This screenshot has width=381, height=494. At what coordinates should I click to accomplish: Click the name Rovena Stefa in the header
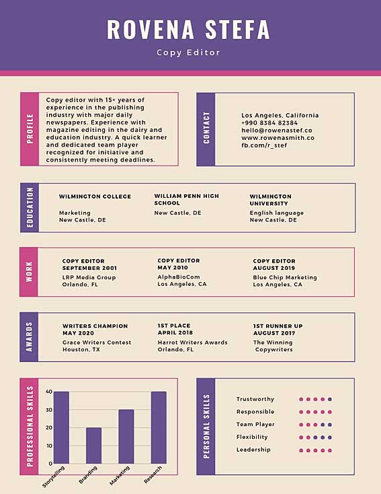[x=188, y=30]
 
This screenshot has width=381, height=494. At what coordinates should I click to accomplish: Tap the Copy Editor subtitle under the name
[x=188, y=52]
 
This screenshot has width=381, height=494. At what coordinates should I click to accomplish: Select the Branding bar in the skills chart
[x=94, y=446]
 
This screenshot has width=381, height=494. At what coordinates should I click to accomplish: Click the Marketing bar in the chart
[x=126, y=437]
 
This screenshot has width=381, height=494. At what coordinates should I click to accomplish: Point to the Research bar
[x=159, y=427]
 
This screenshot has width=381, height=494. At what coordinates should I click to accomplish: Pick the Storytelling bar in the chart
[x=61, y=427]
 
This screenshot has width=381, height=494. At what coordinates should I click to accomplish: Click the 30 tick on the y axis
[x=49, y=410]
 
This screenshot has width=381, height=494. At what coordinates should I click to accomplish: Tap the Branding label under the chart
[x=88, y=475]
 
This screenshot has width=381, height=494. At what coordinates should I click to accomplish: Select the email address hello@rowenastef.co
[x=277, y=131]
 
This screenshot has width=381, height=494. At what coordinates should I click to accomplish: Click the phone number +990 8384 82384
[x=269, y=123]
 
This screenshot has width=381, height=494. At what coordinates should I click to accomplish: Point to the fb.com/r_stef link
[x=264, y=145]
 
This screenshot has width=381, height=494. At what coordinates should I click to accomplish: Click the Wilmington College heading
[x=95, y=197]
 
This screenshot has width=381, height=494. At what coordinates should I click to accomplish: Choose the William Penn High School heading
[x=187, y=199]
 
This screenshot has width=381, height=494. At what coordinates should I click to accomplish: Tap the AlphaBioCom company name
[x=179, y=277]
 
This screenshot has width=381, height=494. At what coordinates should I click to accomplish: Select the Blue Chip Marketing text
[x=285, y=277]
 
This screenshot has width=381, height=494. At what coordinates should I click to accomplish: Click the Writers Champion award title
[x=95, y=326]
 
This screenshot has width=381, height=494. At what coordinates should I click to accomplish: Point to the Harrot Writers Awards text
[x=193, y=343]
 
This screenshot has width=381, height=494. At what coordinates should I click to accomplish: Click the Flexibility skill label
[x=252, y=437]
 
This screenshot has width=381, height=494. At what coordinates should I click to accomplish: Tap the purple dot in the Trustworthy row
[x=330, y=399]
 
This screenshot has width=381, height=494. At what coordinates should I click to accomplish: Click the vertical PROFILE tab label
[x=30, y=129]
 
